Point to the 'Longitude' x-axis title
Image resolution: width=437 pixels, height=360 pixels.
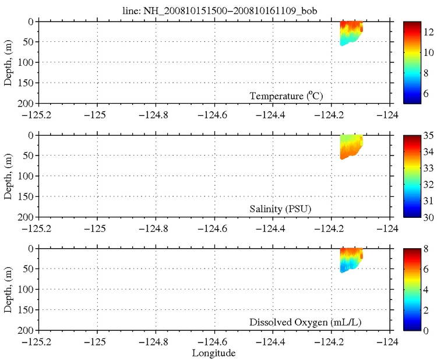pyautogui.click(x=214, y=353)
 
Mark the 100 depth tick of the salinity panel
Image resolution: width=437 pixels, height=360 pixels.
pyautogui.click(x=27, y=177)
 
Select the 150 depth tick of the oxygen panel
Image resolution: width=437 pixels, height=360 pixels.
pyautogui.click(x=27, y=310)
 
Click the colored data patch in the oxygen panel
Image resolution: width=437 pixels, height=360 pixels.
pyautogui.click(x=351, y=259)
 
